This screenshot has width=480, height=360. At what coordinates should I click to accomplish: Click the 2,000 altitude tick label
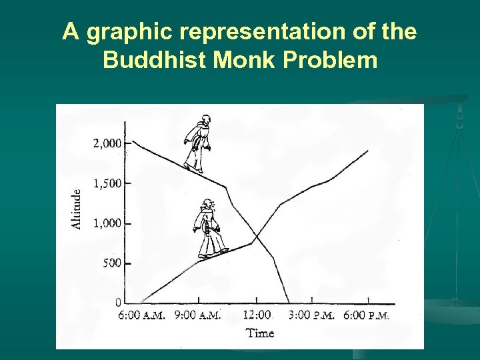click(107, 143)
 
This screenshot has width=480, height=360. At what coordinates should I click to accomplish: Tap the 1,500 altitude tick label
click(107, 183)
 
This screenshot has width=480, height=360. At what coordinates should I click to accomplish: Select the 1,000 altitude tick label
click(107, 223)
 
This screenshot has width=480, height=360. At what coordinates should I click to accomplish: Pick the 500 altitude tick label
click(111, 263)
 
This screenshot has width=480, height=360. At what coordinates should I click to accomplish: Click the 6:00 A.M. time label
click(141, 315)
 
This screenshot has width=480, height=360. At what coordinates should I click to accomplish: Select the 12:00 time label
click(257, 315)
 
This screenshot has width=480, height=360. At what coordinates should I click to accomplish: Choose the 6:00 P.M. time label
click(367, 315)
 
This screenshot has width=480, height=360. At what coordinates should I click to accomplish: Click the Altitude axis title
click(77, 209)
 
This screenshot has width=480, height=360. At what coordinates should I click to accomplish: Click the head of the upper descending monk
click(206, 121)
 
